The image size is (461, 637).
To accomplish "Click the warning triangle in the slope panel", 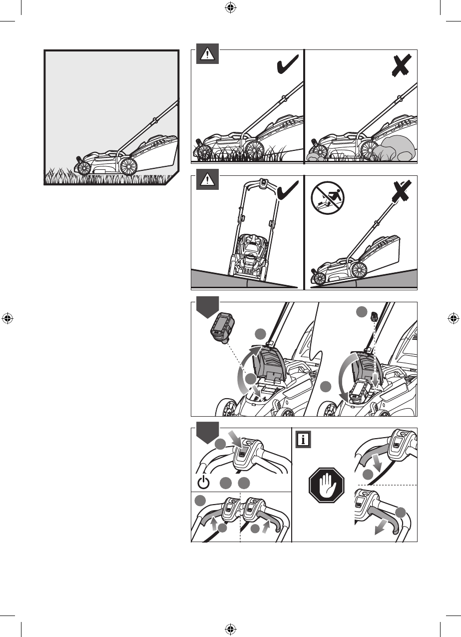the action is pos(207,180).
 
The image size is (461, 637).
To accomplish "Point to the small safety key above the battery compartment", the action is pos(374,316).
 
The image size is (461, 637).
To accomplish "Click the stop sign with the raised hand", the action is pos(327,485).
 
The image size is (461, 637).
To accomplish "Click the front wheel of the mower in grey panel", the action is pos(83,168).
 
